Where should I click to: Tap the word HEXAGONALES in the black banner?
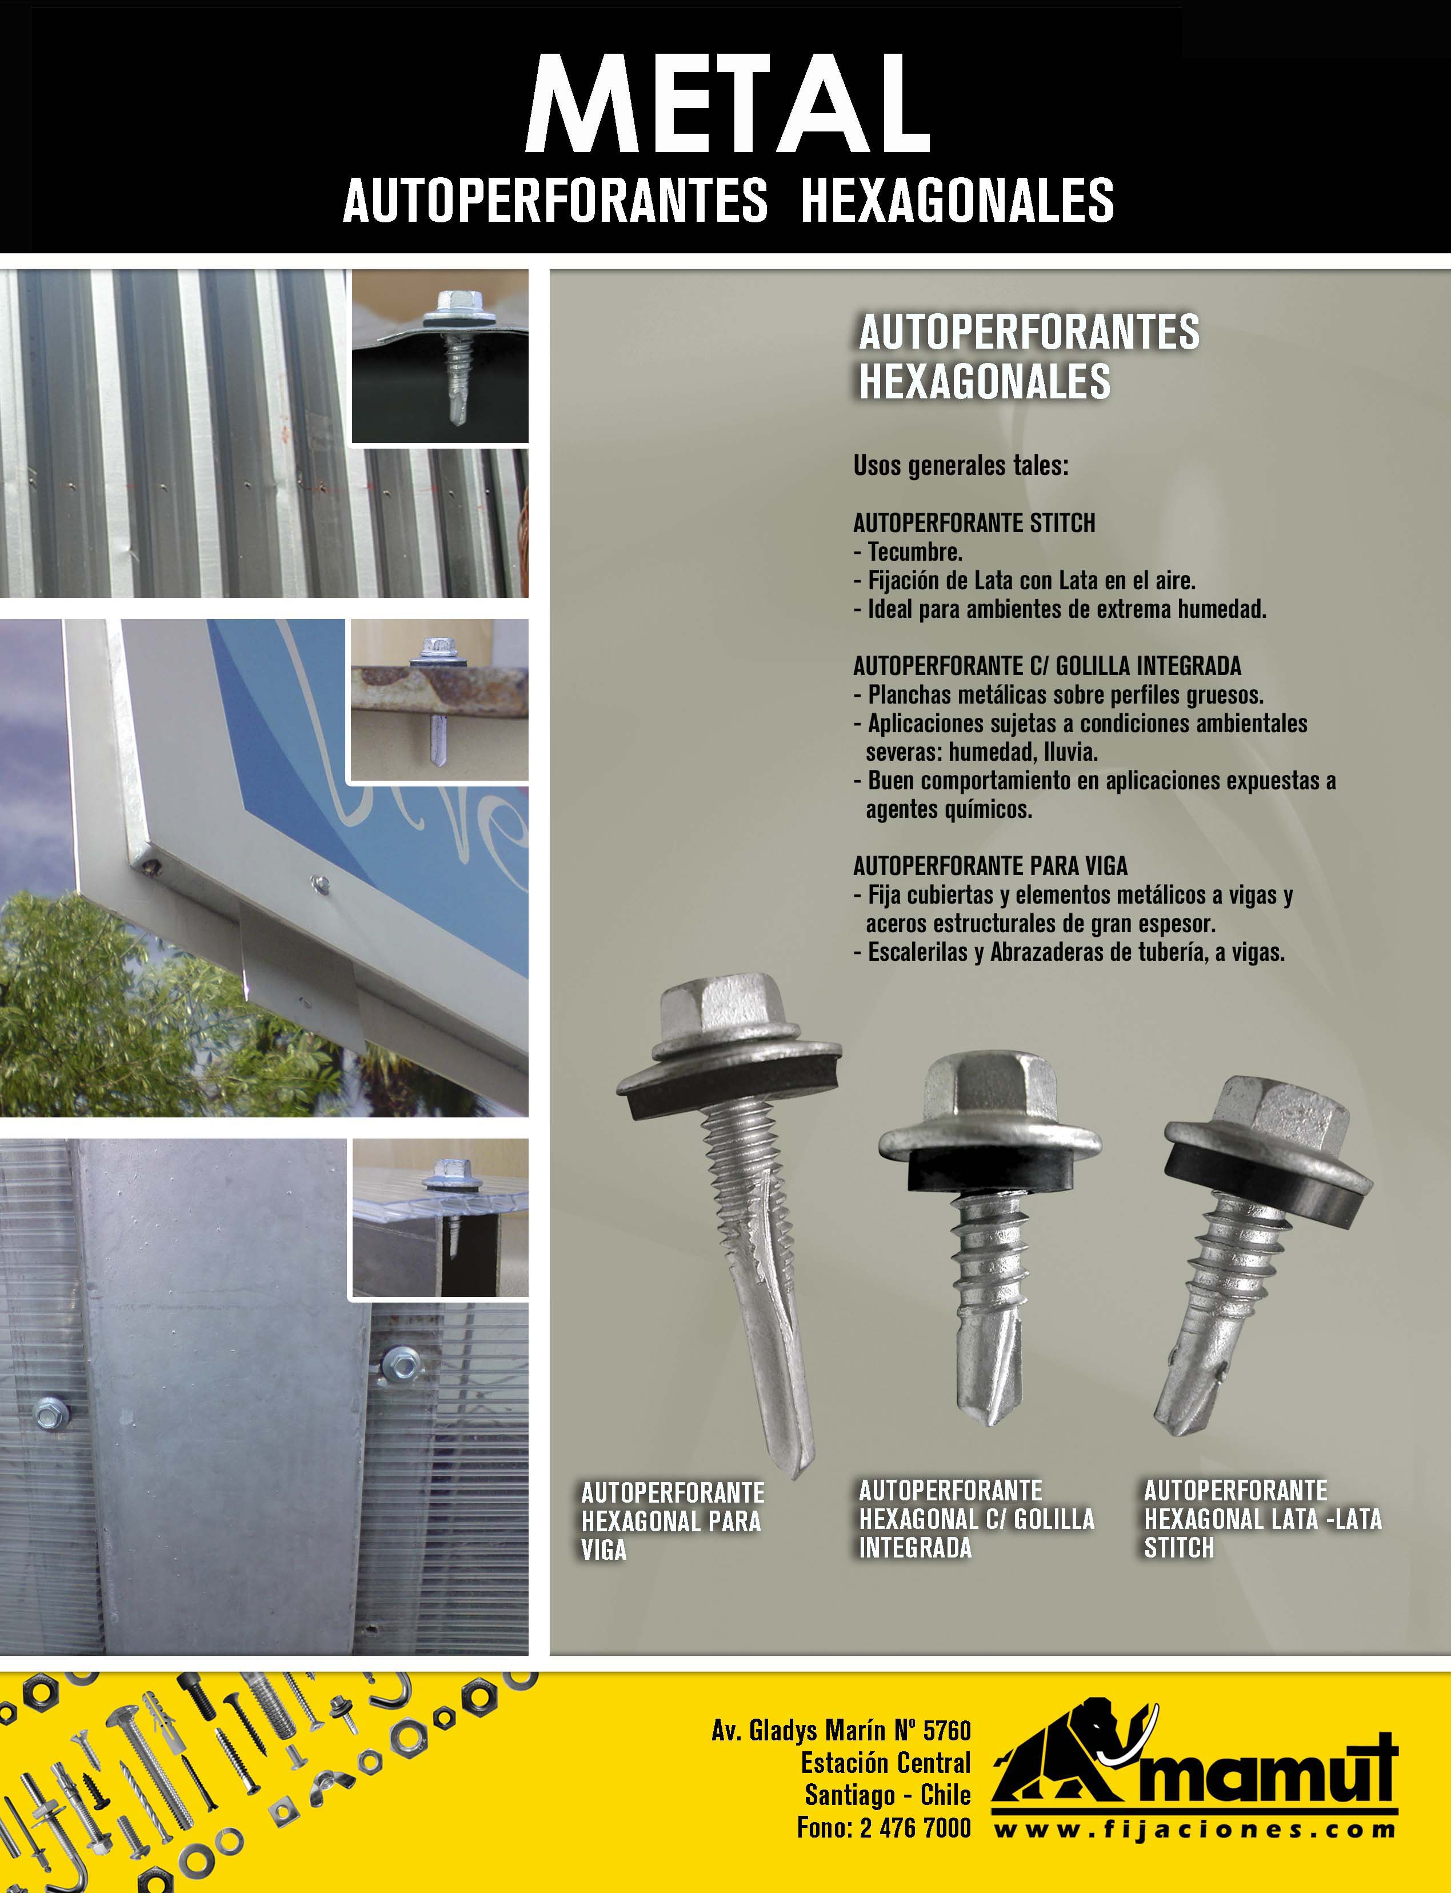coord(957,201)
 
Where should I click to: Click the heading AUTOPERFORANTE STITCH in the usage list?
coord(973,522)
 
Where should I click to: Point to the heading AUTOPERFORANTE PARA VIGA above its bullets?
coord(990,865)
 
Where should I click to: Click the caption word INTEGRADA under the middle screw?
coord(914,1548)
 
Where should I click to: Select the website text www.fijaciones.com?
coord(1194,1829)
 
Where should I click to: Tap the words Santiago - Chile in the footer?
coord(887,1795)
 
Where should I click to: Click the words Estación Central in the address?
coord(885,1763)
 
